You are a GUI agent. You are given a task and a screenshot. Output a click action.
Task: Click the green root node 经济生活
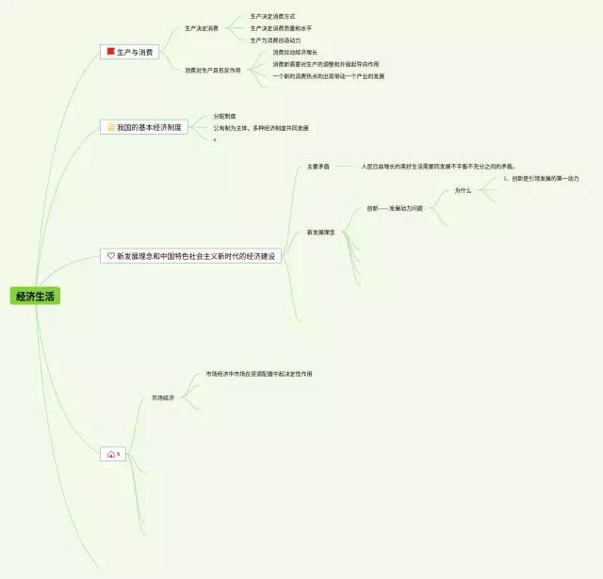36,296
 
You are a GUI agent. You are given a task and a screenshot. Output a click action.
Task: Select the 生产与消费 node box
129,52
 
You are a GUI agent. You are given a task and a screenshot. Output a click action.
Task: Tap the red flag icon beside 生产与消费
110,52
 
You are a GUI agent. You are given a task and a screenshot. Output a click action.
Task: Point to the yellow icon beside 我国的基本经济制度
110,126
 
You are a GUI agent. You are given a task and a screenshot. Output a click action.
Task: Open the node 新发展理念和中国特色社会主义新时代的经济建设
192,255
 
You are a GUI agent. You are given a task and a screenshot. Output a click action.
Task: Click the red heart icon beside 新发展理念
110,255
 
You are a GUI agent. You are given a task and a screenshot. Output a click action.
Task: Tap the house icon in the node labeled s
110,455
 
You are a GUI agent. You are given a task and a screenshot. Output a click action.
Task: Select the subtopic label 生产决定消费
201,28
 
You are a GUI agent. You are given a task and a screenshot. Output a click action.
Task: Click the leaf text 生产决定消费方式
272,16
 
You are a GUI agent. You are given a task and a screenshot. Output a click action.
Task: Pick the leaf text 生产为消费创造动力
275,40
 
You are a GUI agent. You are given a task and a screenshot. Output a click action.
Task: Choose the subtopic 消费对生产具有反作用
212,70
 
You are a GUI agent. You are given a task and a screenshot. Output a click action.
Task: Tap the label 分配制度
224,116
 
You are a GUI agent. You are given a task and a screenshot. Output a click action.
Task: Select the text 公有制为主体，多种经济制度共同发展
261,128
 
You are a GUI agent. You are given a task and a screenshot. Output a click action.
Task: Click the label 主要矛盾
318,167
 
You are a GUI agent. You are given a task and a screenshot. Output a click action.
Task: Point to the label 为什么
463,190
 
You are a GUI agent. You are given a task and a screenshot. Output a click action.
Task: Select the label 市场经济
163,398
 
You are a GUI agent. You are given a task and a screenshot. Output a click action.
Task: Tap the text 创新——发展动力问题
395,208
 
